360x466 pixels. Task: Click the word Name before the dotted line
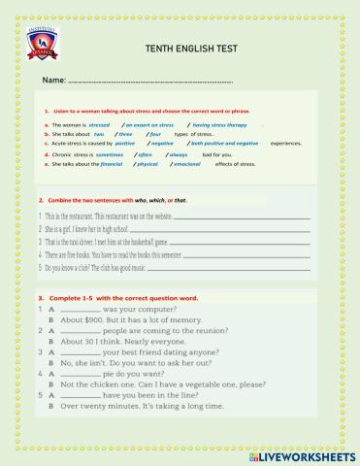53,80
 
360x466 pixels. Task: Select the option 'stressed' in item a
100,124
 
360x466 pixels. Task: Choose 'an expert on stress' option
148,124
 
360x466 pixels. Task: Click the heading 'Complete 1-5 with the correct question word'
125,295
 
